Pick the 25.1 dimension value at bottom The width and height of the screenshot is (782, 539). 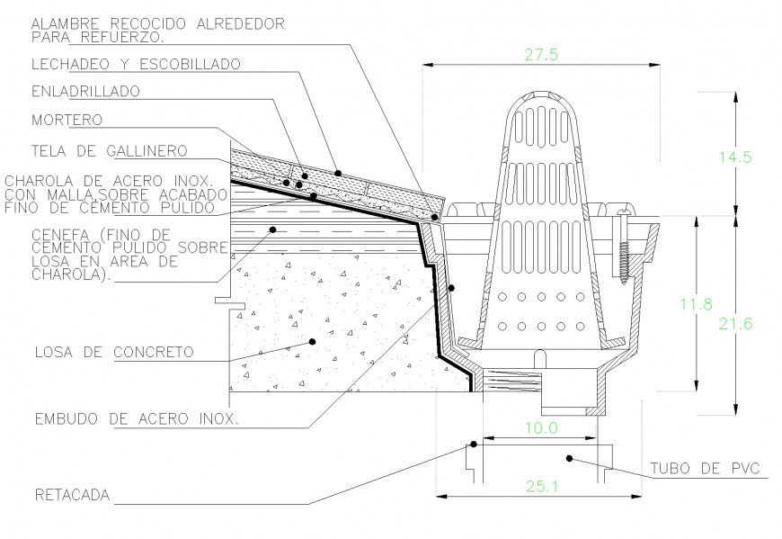pyautogui.click(x=540, y=486)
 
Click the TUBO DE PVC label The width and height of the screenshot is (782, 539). pyautogui.click(x=706, y=469)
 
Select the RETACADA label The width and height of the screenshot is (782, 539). pyautogui.click(x=71, y=495)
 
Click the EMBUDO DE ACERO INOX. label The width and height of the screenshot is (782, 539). pyautogui.click(x=136, y=418)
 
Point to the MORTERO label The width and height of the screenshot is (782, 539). pyautogui.click(x=67, y=119)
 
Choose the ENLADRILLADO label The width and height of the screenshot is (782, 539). pyautogui.click(x=85, y=91)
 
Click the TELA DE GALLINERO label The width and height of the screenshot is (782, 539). pyautogui.click(x=109, y=149)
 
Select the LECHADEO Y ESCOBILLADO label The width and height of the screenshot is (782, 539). pyautogui.click(x=136, y=64)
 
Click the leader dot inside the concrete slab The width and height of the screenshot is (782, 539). pyautogui.click(x=311, y=342)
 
